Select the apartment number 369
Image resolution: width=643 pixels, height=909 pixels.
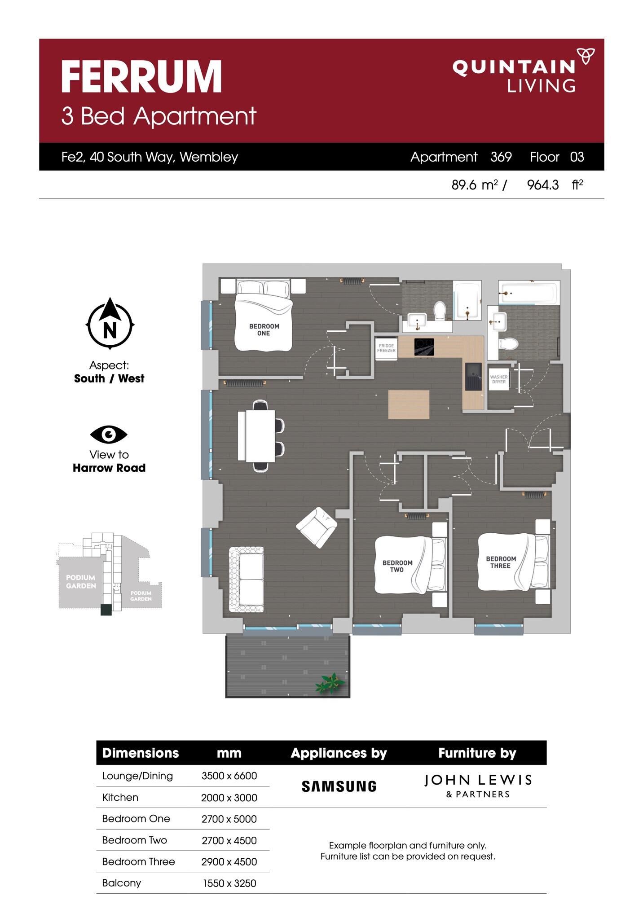(x=501, y=157)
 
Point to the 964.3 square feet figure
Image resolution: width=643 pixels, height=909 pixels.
(x=543, y=184)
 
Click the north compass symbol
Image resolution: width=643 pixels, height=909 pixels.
(x=110, y=323)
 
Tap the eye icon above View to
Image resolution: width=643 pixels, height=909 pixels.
(x=109, y=434)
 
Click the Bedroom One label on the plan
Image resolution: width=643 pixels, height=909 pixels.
(x=264, y=329)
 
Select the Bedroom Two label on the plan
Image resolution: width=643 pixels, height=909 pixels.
(x=397, y=566)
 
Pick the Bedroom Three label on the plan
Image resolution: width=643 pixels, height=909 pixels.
(x=501, y=562)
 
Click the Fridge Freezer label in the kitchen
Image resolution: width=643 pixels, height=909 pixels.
(x=386, y=348)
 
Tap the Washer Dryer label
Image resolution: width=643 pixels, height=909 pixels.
(x=499, y=379)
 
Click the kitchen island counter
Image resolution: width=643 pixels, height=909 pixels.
(x=409, y=404)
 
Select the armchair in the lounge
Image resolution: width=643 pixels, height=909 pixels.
(x=317, y=527)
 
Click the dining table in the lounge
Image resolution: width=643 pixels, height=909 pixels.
(x=260, y=435)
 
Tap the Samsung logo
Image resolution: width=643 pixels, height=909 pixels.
(x=339, y=786)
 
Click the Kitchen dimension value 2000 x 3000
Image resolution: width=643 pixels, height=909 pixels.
(x=229, y=798)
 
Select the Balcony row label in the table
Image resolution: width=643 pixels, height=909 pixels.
(x=122, y=883)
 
